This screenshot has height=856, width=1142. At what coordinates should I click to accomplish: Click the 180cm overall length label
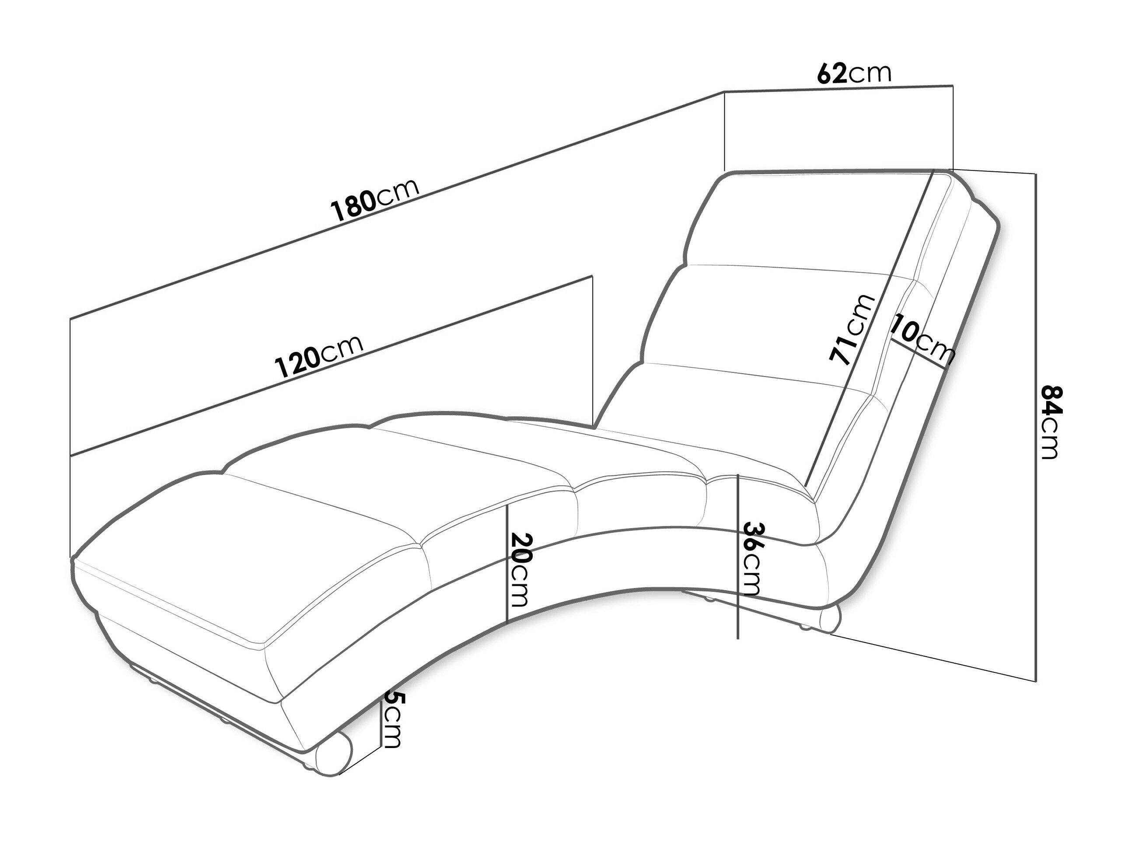375,199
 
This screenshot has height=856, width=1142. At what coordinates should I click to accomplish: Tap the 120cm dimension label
318,356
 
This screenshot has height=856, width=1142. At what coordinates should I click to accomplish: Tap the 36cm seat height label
752,558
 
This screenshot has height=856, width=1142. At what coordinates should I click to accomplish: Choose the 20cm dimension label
519,570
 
